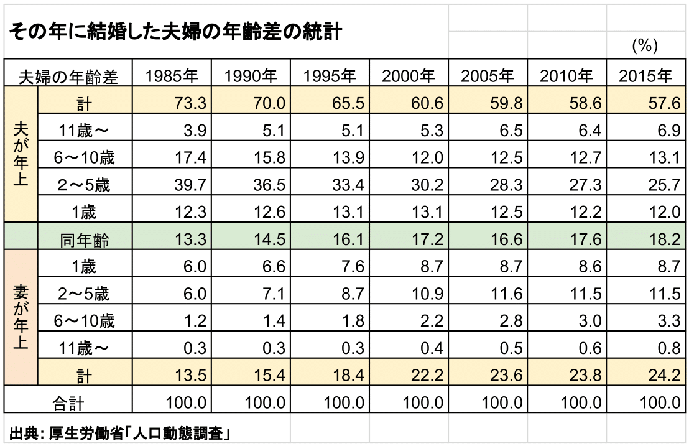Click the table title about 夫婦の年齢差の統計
coord(175,31)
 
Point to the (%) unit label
coord(645,45)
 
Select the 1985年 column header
coord(172,76)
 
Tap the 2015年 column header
coord(645,76)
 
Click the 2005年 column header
coord(488,76)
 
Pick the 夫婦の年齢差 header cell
coord(68,77)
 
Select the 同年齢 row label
coord(85,239)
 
